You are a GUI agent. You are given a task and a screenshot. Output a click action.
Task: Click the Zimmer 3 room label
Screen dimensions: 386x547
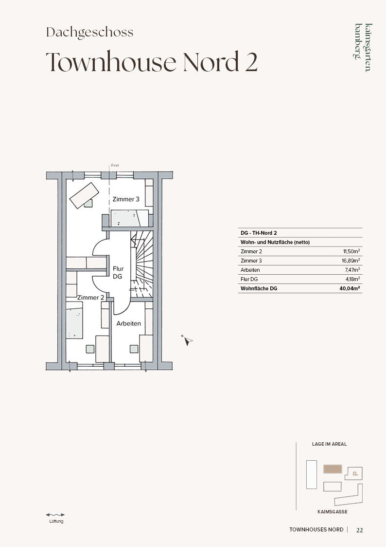click(125, 199)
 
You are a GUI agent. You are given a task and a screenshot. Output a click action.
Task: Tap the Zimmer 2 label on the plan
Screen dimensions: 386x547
click(90, 298)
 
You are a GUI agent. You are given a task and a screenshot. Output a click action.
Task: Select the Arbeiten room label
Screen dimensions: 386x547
click(128, 323)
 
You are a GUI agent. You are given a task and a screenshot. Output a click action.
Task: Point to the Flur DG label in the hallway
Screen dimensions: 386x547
click(118, 272)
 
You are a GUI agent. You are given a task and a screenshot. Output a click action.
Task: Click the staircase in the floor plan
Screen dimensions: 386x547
click(142, 264)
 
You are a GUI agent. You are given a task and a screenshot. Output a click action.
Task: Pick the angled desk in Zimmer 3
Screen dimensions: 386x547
click(85, 195)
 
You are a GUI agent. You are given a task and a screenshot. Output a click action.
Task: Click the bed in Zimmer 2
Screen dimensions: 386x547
click(74, 320)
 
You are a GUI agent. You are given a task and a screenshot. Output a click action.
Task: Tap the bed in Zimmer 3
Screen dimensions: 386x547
click(130, 218)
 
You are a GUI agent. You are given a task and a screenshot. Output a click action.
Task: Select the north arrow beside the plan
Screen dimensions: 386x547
click(187, 340)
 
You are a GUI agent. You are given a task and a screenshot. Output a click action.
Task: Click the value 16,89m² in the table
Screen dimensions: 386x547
click(351, 261)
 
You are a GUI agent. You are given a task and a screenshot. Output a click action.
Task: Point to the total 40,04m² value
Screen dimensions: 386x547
click(350, 288)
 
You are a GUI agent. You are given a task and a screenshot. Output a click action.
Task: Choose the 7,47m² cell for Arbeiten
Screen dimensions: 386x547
click(352, 270)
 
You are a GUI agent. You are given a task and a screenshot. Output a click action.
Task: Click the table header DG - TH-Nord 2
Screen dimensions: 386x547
click(259, 233)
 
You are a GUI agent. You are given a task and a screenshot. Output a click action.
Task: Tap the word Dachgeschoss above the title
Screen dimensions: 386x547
click(90, 33)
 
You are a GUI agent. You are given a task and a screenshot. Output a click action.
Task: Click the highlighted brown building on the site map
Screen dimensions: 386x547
click(333, 469)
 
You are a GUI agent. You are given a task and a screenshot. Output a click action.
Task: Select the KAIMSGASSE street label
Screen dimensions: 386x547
click(333, 512)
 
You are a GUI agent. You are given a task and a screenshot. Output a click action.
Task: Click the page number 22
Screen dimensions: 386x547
click(360, 530)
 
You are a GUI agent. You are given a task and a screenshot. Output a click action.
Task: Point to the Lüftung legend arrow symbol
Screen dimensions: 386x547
click(55, 514)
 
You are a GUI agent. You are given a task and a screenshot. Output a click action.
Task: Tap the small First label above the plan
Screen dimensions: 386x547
click(115, 165)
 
